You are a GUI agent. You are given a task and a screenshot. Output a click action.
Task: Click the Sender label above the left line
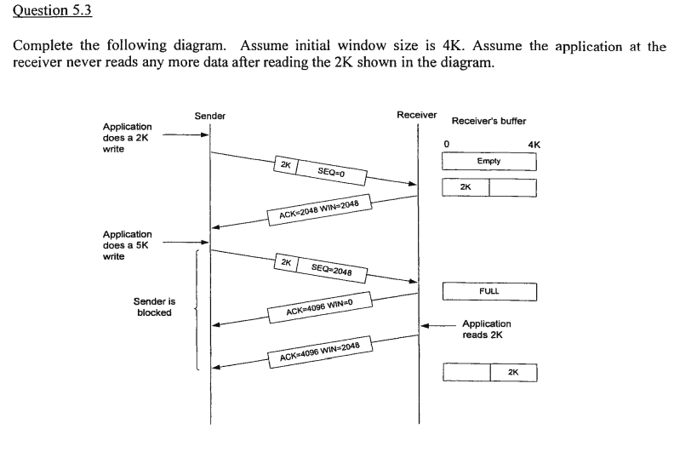[209, 116]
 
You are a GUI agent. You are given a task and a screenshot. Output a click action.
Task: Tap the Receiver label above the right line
[416, 114]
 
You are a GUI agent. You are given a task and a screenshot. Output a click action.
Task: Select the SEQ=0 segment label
[329, 172]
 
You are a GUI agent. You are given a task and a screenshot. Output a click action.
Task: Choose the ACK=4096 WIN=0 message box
[319, 308]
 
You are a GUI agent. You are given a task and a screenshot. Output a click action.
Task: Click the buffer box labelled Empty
[489, 161]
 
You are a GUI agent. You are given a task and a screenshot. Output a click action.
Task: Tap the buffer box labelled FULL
[489, 291]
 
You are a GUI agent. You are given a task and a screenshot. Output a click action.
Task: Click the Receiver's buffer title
[488, 121]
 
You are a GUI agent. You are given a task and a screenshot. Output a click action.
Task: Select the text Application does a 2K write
[127, 137]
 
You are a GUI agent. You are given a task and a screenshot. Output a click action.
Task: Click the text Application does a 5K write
[127, 245]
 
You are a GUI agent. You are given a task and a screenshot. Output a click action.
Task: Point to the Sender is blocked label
[154, 306]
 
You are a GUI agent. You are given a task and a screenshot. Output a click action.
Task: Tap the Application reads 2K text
[487, 329]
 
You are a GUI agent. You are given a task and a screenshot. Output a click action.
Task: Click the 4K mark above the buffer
[534, 145]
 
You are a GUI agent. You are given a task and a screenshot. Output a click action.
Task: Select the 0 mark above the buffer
[446, 144]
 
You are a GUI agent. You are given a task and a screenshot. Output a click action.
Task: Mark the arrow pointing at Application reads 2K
[438, 325]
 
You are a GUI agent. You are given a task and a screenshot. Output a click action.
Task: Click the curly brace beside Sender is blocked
[197, 310]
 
